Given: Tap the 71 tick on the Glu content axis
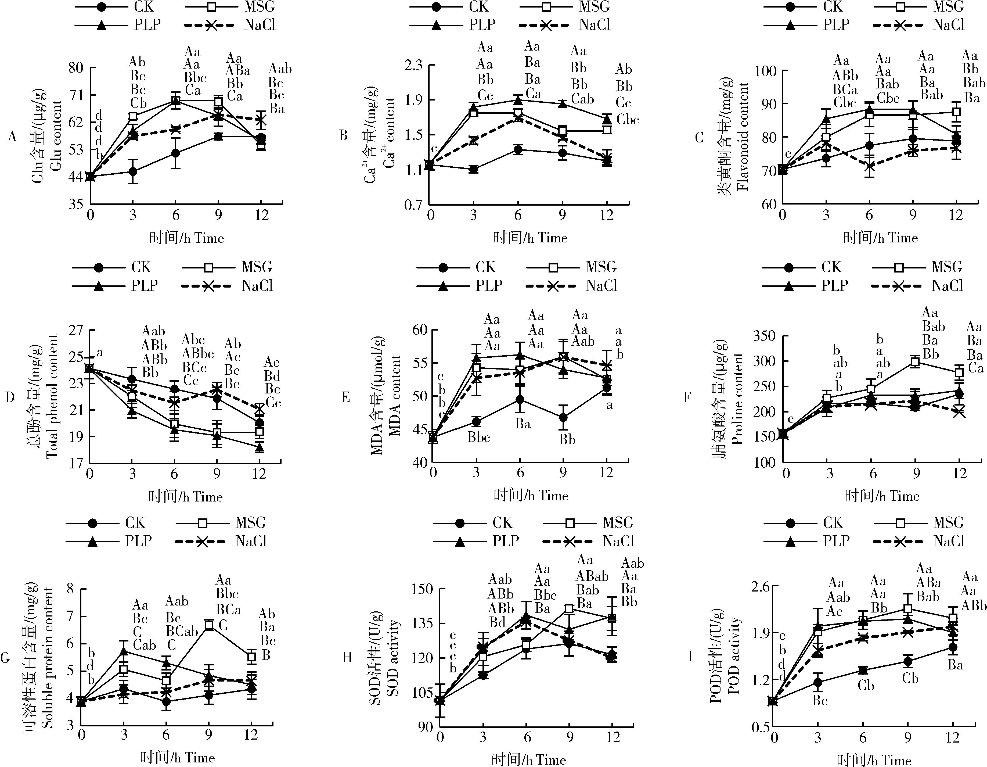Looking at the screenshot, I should pyautogui.click(x=76, y=95).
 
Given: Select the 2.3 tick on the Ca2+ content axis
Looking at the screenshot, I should pyautogui.click(x=413, y=65).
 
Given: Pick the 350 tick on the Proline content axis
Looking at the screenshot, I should pyautogui.click(x=764, y=336).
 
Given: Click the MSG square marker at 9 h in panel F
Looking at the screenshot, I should pyautogui.click(x=916, y=361).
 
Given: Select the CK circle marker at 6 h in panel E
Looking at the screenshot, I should pyautogui.click(x=520, y=400).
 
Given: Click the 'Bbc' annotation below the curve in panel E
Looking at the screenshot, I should pyautogui.click(x=478, y=438).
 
